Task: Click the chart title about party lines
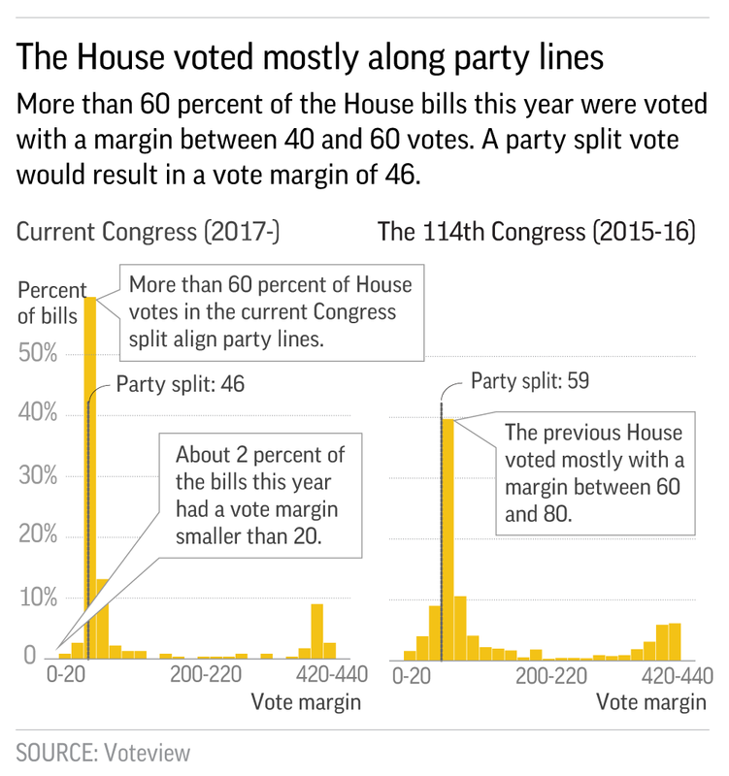(308, 56)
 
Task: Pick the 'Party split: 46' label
(180, 384)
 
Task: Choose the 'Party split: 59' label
(530, 381)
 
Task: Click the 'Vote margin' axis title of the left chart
(306, 701)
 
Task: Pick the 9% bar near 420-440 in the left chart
(316, 630)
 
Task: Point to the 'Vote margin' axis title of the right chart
(650, 701)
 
